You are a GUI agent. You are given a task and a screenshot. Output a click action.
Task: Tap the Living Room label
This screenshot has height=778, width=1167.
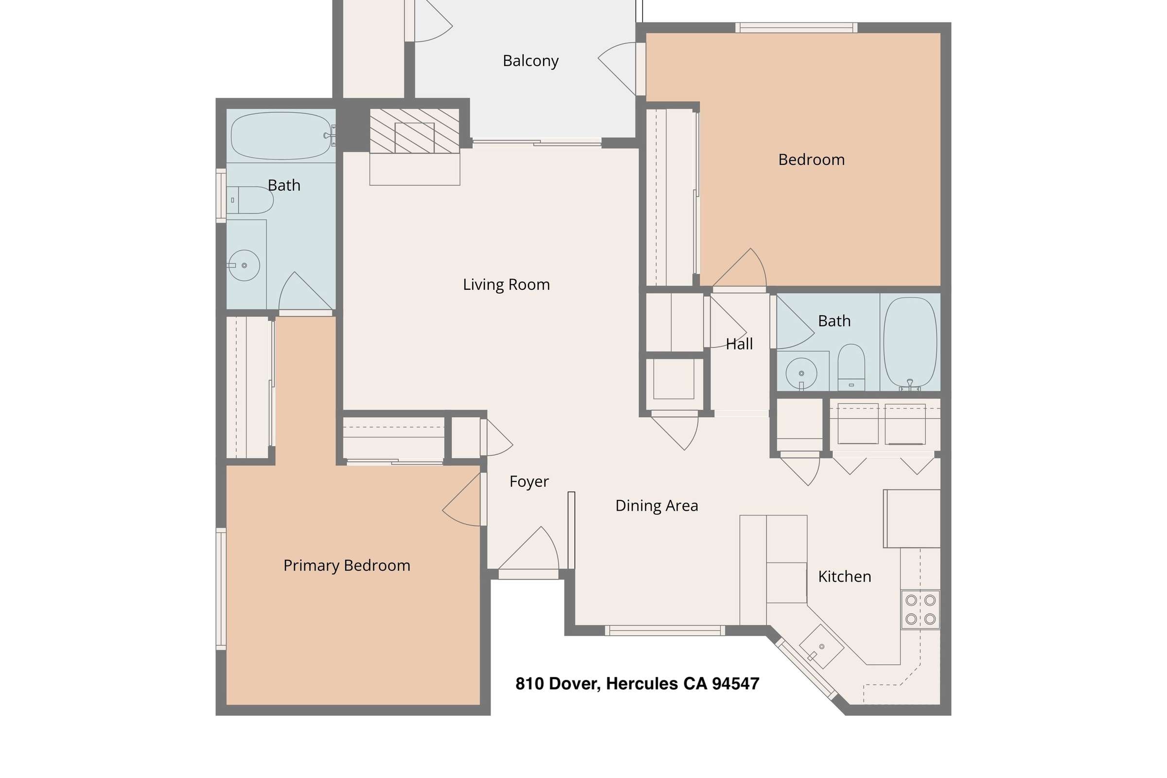(x=506, y=284)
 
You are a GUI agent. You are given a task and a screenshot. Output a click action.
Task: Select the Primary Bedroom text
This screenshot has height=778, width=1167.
(x=347, y=566)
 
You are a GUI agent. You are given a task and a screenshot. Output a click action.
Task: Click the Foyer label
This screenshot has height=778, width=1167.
(x=529, y=482)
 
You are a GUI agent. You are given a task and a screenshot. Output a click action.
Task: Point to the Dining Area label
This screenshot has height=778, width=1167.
(x=656, y=506)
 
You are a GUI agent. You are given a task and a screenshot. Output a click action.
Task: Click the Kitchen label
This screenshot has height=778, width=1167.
(x=845, y=577)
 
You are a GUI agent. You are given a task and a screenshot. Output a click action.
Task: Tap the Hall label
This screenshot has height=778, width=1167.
(x=739, y=344)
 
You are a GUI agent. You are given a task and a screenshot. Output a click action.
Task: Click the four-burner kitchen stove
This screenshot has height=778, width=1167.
(x=920, y=610)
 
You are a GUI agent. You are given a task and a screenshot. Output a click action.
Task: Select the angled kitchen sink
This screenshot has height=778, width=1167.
(x=821, y=647)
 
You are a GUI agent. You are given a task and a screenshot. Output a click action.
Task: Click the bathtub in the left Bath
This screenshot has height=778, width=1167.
(x=282, y=136)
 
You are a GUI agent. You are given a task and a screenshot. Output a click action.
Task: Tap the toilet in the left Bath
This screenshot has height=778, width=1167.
(x=249, y=200)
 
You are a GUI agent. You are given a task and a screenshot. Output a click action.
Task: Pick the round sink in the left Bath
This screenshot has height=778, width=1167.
(x=244, y=265)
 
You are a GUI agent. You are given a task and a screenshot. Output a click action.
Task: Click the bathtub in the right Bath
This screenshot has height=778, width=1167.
(x=910, y=342)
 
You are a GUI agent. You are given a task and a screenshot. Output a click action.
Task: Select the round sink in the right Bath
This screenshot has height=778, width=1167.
(x=801, y=373)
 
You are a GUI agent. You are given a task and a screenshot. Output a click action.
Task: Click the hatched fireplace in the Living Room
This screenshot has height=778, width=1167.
(x=414, y=131)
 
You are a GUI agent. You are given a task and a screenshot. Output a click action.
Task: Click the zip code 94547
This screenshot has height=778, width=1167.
(x=735, y=684)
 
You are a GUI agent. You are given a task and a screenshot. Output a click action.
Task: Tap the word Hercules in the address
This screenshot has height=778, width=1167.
(x=642, y=684)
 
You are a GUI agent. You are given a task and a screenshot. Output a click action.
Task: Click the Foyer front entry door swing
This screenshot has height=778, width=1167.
(x=529, y=548)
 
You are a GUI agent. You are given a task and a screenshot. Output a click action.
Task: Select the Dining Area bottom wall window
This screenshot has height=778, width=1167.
(x=665, y=631)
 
